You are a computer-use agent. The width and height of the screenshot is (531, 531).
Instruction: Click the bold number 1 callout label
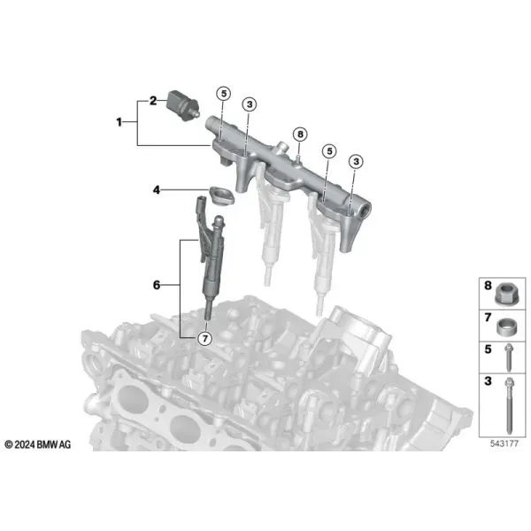pos(119,122)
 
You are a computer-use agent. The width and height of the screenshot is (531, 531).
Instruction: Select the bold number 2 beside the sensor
pos(153,101)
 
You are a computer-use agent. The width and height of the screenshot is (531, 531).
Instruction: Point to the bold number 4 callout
pos(156,190)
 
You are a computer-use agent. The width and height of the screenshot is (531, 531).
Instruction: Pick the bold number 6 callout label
pos(156,285)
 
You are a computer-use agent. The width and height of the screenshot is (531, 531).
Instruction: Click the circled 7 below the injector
pos(205,338)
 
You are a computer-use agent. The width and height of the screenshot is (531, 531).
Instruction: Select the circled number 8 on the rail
pos(300,135)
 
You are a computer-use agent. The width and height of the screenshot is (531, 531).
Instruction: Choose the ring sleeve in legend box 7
pos(506,327)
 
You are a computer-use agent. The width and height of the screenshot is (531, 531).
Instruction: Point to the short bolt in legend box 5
pos(508,358)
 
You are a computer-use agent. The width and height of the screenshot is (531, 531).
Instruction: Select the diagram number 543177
pos(504,443)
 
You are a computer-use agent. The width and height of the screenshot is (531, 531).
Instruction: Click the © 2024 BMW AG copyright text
pos(37,444)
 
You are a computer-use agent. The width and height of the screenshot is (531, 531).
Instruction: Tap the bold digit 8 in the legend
pos(488,286)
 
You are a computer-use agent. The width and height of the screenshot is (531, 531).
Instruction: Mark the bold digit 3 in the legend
pos(488,381)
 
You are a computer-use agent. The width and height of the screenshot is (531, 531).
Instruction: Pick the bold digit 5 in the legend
pos(488,350)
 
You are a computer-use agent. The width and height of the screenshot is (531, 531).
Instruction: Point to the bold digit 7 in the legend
pos(488,318)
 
